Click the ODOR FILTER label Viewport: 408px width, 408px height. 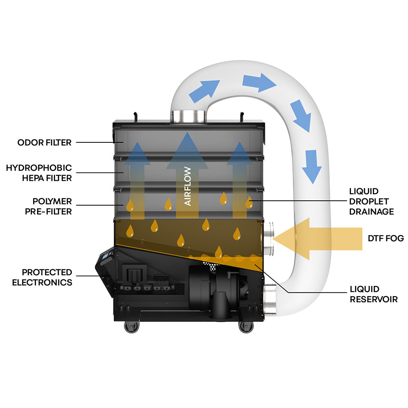pyautogui.click(x=44, y=142)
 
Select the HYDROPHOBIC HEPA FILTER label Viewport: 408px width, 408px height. pyautogui.click(x=39, y=173)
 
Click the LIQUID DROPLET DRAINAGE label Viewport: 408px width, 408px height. pyautogui.click(x=371, y=201)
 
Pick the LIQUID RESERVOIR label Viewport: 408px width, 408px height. pyautogui.click(x=373, y=294)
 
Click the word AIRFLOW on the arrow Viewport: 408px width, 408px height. pyautogui.click(x=188, y=186)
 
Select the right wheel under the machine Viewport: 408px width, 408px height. pyautogui.click(x=245, y=326)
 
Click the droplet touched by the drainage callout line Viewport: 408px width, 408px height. pyautogui.click(x=249, y=202)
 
